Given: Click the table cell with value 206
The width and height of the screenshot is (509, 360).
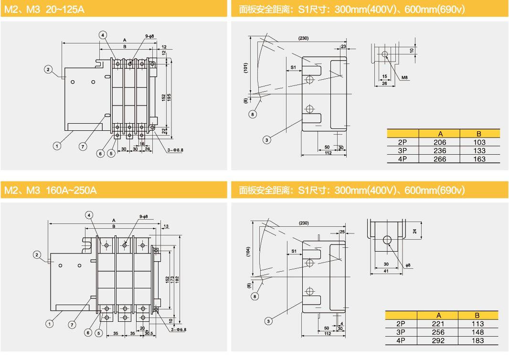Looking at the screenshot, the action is pyautogui.click(x=440, y=142).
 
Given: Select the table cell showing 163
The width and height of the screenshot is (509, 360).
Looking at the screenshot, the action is pyautogui.click(x=479, y=159).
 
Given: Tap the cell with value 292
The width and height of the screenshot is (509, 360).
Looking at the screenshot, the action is pyautogui.click(x=438, y=340).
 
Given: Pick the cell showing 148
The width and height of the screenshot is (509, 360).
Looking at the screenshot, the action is pyautogui.click(x=477, y=332).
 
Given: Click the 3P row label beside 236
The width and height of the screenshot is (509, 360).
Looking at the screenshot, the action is pyautogui.click(x=402, y=150).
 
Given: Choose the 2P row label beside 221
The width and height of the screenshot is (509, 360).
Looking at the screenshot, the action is pyautogui.click(x=401, y=324).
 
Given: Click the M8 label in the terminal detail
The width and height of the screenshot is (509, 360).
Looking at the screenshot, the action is pyautogui.click(x=404, y=77).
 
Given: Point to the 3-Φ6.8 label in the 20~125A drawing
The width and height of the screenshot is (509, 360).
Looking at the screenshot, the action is pyautogui.click(x=175, y=150).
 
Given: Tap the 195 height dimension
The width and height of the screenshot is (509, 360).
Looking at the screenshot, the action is pyautogui.click(x=169, y=97).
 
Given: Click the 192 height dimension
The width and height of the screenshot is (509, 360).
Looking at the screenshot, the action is pyautogui.click(x=177, y=279).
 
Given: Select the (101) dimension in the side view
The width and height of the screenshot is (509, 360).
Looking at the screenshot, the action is pyautogui.click(x=246, y=68).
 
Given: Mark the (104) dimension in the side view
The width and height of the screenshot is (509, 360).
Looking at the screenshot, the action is pyautogui.click(x=248, y=252).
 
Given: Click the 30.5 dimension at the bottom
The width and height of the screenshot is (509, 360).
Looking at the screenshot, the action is pyautogui.click(x=148, y=333).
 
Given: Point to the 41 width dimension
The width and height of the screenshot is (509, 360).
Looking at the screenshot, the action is pyautogui.click(x=386, y=271).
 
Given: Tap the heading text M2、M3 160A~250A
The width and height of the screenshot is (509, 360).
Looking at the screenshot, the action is pyautogui.click(x=50, y=190).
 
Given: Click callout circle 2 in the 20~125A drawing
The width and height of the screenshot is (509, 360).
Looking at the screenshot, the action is pyautogui.click(x=48, y=69).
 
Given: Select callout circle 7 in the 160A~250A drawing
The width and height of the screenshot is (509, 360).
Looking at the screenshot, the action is pyautogui.click(x=72, y=324).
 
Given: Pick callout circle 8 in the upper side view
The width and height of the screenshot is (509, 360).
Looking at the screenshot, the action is pyautogui.click(x=253, y=114).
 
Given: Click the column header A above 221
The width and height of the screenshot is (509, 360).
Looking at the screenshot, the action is pyautogui.click(x=438, y=315).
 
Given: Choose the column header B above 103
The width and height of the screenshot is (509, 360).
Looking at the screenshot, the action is pyautogui.click(x=479, y=134).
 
